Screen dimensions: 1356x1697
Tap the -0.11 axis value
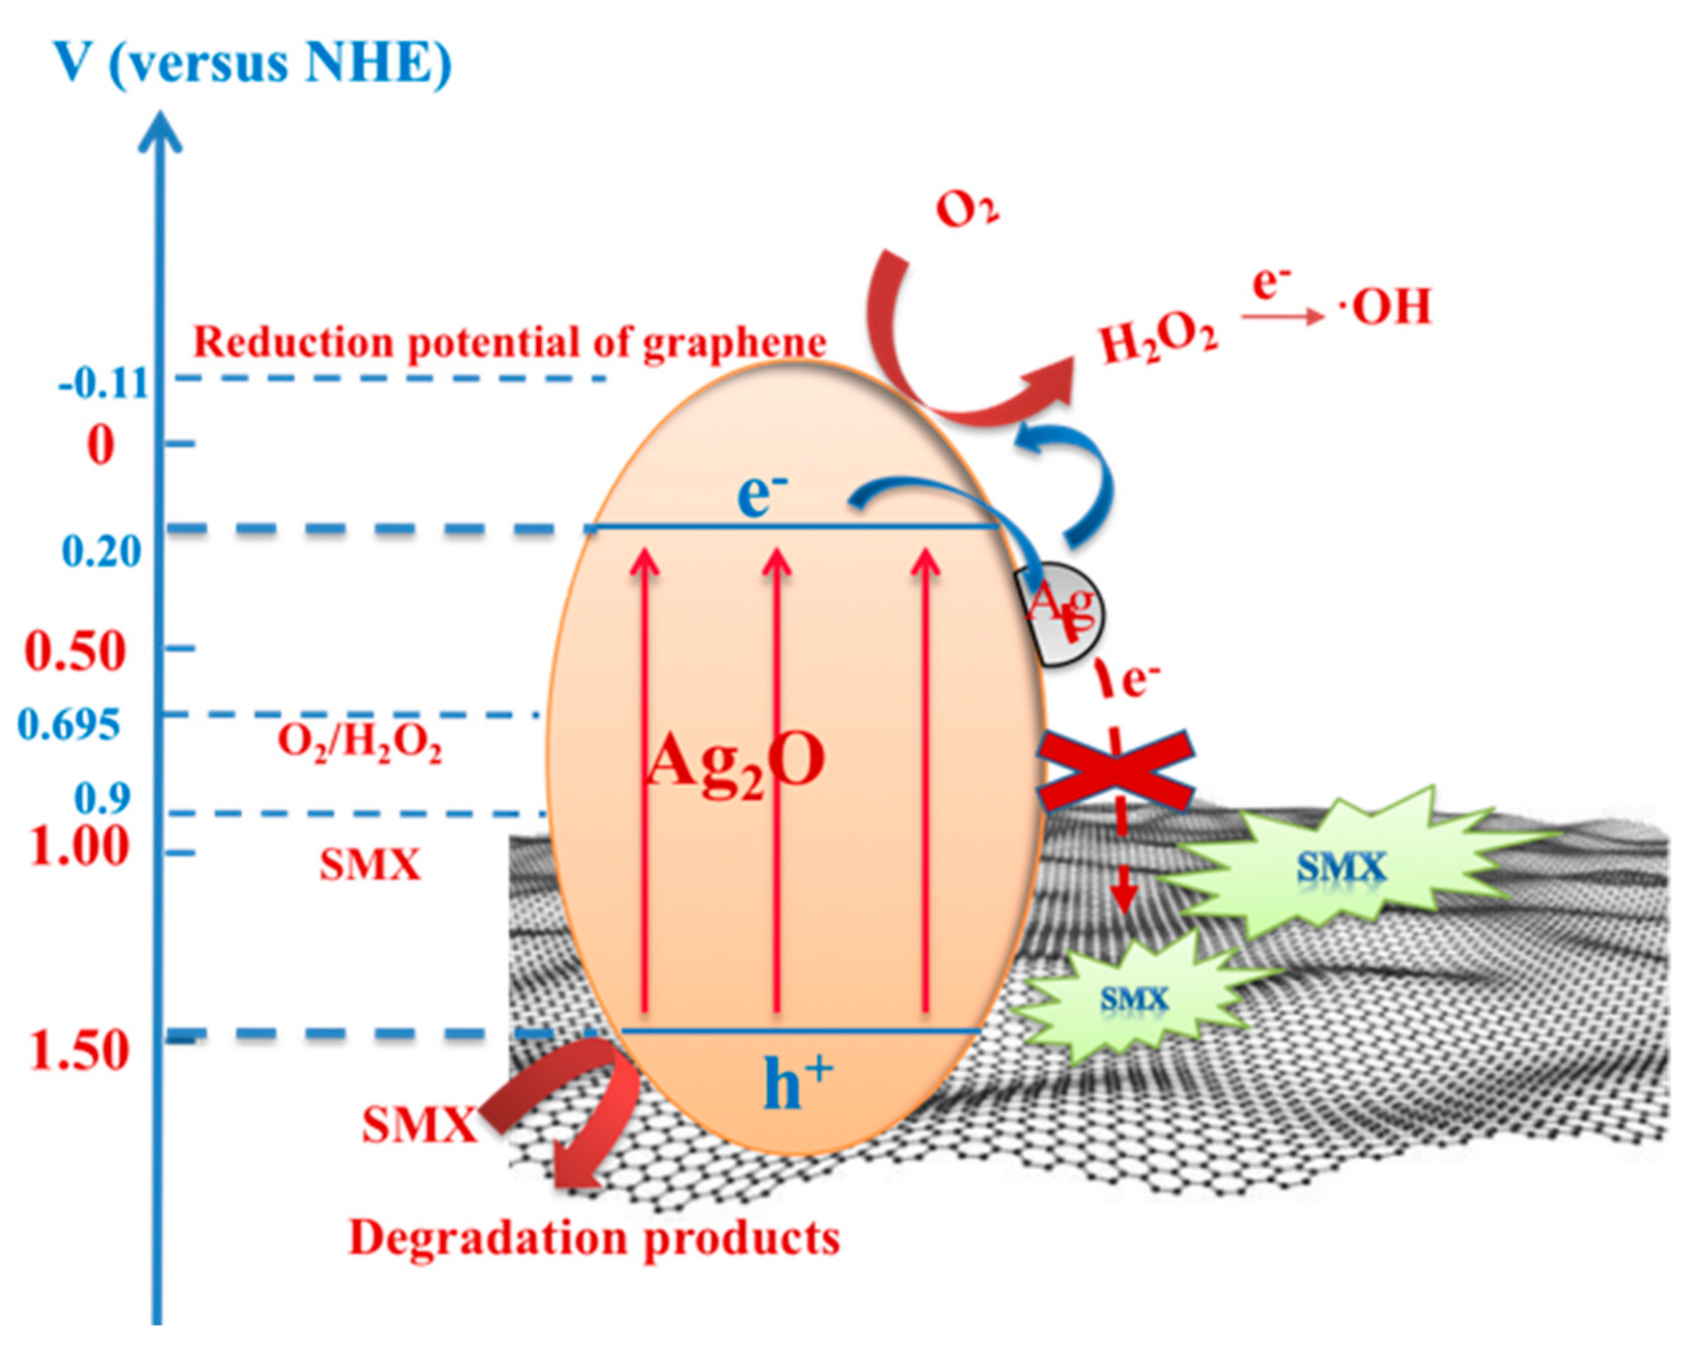coord(103,384)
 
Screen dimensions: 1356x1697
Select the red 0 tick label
coord(101,446)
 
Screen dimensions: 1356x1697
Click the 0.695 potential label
coord(69,725)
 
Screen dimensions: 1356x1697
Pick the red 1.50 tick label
coord(79,1051)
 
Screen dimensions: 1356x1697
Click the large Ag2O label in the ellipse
coord(735,761)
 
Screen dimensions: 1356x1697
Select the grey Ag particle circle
coord(1062,615)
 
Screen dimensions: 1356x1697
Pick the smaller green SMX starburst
coord(1134,1000)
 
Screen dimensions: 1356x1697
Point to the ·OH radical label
coord(1385,307)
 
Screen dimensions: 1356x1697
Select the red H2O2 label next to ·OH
coord(1158,342)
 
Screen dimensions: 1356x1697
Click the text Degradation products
coord(594,1237)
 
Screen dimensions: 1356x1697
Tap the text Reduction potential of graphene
coord(510,342)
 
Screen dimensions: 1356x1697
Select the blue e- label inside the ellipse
coord(761,496)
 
